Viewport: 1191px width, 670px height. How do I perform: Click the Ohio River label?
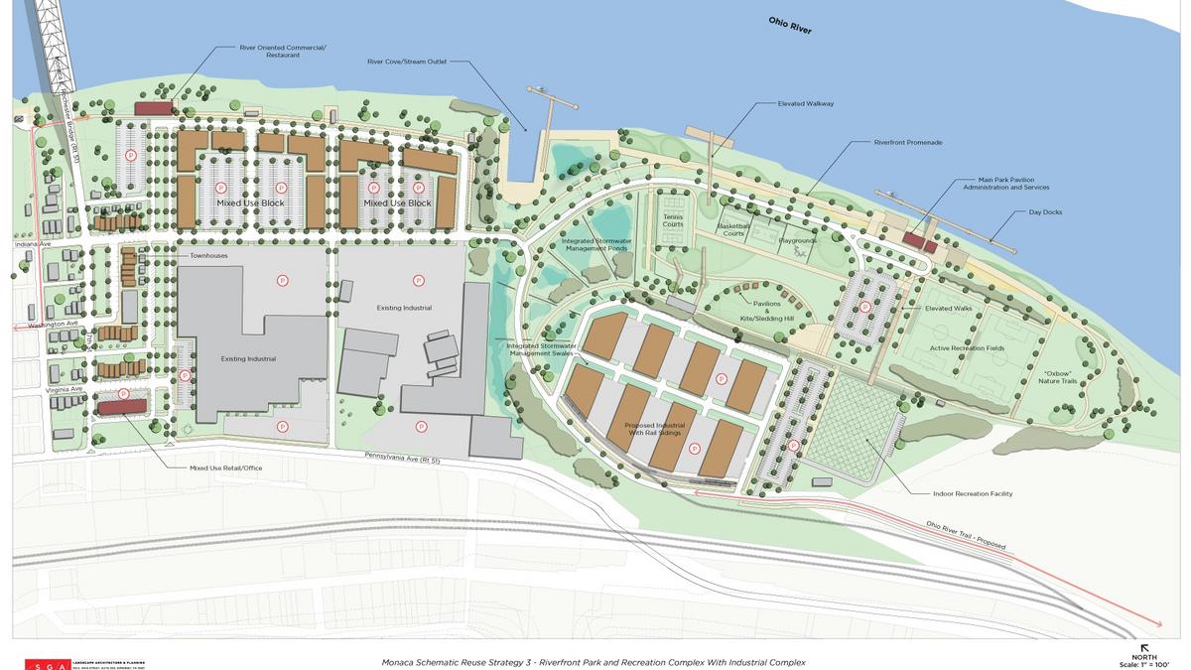[789, 26]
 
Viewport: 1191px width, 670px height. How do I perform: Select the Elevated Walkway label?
[806, 103]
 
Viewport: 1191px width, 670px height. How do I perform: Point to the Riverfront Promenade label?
[908, 142]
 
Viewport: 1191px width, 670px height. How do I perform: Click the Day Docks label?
[1045, 211]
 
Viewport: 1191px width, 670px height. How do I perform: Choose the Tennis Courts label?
[673, 221]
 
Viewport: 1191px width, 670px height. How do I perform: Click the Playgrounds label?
[797, 239]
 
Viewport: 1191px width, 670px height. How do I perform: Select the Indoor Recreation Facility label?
[973, 493]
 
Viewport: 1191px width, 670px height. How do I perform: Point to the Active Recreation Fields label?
[967, 348]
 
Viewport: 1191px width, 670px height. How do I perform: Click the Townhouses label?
[209, 256]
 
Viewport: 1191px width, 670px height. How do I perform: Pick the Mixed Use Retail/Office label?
[226, 468]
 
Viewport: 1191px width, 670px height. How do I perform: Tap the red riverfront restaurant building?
[154, 107]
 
